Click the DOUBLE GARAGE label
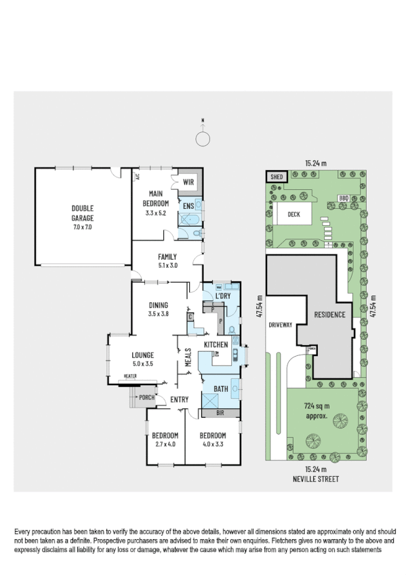[83, 213]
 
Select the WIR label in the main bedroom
[189, 182]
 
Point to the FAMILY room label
[167, 257]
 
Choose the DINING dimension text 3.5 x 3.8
[158, 314]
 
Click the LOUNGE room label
[142, 355]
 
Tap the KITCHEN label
[216, 345]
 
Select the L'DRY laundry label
[223, 296]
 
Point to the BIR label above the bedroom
[220, 412]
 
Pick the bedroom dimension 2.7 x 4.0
[164, 444]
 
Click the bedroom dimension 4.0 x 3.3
[211, 444]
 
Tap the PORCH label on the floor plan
[146, 397]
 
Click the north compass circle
[202, 139]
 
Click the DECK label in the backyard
[293, 214]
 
